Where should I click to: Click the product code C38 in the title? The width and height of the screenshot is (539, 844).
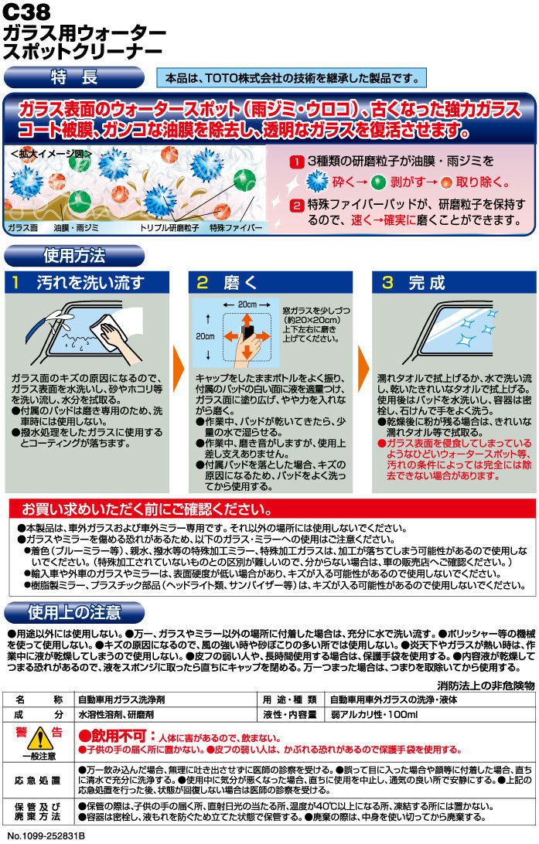tap(26, 12)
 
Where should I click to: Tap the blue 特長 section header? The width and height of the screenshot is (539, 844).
tap(73, 77)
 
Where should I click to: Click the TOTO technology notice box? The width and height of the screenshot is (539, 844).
tap(292, 78)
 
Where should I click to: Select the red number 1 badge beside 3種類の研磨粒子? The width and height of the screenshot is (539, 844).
tap(296, 162)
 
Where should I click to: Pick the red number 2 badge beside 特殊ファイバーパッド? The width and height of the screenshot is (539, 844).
tap(296, 205)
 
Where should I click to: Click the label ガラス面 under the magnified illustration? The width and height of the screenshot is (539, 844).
tap(22, 228)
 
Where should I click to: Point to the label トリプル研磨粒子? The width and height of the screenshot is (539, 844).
tap(169, 228)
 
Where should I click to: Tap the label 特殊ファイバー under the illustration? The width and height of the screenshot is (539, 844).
tap(236, 228)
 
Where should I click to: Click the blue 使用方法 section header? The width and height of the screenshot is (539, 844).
tap(73, 257)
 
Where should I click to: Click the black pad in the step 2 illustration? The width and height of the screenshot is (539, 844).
tap(248, 333)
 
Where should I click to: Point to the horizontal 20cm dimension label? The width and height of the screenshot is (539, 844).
tap(247, 305)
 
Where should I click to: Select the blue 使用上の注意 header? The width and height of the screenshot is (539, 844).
tap(73, 613)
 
